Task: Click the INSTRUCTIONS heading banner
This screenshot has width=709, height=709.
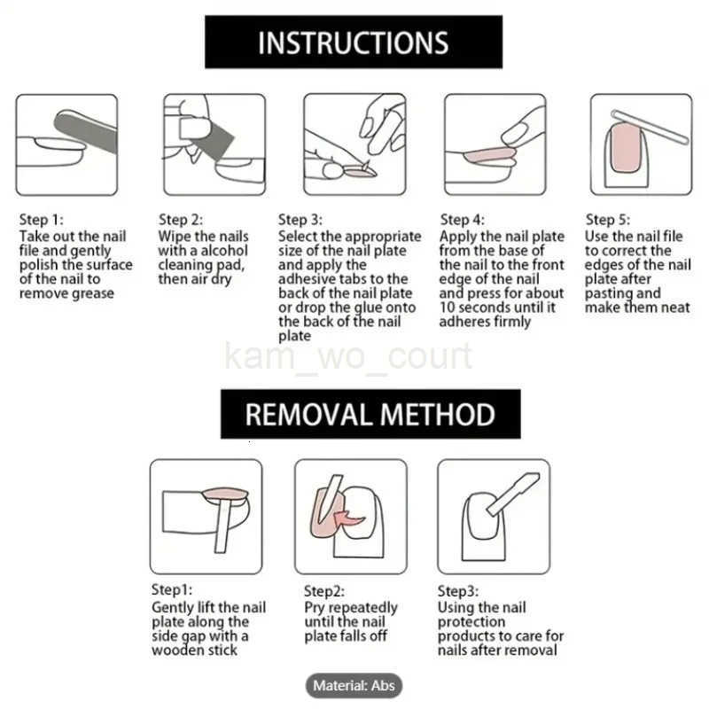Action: tap(354, 42)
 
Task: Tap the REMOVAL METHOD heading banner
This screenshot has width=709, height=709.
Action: tap(370, 414)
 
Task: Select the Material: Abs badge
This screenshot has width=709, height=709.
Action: tap(354, 685)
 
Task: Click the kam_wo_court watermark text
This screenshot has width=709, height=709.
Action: tap(348, 357)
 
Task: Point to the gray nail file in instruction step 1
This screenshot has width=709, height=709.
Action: tap(86, 130)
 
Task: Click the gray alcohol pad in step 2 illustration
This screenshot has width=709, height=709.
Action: tap(209, 138)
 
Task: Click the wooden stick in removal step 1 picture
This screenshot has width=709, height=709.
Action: tap(222, 526)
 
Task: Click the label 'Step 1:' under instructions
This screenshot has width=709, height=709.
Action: tap(41, 220)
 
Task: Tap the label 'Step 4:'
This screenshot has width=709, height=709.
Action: tap(462, 220)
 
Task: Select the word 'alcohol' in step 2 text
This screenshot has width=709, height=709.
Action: tap(224, 251)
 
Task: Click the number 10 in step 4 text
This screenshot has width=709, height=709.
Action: tap(447, 308)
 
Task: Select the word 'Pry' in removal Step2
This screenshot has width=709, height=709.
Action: tap(316, 608)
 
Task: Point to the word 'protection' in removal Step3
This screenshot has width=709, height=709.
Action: tap(471, 622)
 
